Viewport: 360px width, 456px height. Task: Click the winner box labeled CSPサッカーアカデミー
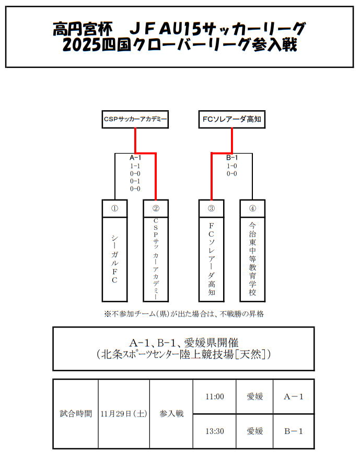point(135,119)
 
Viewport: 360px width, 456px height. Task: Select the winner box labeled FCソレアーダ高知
point(232,119)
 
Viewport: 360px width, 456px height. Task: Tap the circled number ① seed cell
point(114,208)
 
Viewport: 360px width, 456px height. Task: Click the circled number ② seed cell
point(156,208)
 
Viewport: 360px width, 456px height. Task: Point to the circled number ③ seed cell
point(212,208)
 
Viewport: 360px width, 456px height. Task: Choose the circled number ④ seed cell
point(252,208)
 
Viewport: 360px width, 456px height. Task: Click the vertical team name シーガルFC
point(114,260)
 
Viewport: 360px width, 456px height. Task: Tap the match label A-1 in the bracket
point(135,158)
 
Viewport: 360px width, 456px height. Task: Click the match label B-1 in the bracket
point(232,158)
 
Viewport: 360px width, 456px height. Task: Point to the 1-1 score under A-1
point(135,166)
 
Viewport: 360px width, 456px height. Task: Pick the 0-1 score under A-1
point(135,181)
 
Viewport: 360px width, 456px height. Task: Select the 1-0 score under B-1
point(232,166)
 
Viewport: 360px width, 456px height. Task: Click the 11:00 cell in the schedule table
point(215,396)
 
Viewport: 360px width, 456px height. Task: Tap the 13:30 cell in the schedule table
point(215,431)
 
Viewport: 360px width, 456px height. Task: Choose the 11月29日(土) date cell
point(124,414)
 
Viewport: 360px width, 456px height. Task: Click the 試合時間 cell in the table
point(76,414)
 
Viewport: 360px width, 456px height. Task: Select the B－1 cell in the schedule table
point(294,431)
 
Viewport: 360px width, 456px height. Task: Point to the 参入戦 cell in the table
point(171,414)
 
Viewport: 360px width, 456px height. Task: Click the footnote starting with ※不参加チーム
point(184,314)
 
